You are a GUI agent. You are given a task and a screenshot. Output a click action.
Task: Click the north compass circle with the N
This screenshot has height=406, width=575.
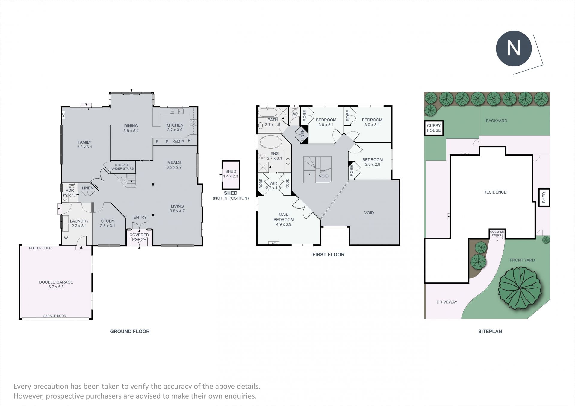[x=514, y=48]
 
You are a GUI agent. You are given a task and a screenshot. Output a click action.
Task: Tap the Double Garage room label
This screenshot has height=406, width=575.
[x=56, y=282]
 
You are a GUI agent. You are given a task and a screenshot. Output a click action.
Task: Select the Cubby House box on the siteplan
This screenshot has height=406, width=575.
[x=434, y=128]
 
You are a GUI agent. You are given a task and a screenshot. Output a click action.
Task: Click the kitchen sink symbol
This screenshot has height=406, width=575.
[x=177, y=111]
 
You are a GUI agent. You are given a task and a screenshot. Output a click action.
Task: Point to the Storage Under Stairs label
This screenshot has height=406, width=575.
[x=122, y=167]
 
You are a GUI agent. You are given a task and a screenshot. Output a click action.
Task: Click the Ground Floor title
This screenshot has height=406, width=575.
[x=130, y=331]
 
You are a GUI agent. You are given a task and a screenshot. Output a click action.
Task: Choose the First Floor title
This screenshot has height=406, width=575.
[x=328, y=255]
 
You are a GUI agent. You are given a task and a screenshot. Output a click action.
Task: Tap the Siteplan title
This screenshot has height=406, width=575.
[x=490, y=331]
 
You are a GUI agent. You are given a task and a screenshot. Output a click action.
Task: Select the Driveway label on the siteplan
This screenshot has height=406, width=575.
[x=447, y=302]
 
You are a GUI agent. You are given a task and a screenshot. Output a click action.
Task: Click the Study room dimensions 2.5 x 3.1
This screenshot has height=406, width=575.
[x=108, y=226]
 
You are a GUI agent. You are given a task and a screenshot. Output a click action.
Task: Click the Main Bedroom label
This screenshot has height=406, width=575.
[x=284, y=217]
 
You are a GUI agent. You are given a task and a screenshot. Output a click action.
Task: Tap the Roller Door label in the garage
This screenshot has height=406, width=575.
[x=40, y=248]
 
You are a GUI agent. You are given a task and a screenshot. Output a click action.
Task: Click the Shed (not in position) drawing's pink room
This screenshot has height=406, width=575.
[x=231, y=175]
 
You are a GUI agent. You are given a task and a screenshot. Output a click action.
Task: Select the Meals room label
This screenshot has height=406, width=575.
[x=174, y=162]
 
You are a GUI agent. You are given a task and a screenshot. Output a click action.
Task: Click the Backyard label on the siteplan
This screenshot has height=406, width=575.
[x=497, y=121]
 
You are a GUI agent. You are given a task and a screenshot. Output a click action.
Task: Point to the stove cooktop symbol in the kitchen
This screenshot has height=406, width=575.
[x=193, y=123]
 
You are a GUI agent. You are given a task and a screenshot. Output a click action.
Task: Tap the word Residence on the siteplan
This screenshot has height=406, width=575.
[x=495, y=192]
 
